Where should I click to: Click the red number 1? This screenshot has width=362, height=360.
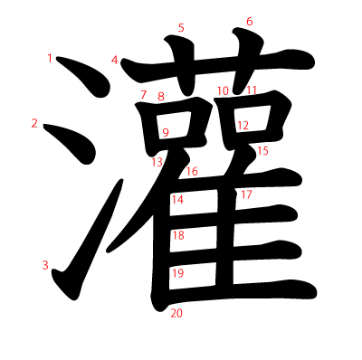[x=50, y=59]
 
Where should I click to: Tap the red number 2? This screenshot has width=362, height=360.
[x=34, y=124]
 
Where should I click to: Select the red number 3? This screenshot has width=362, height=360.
[x=44, y=265]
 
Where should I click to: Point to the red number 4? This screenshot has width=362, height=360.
[x=115, y=61]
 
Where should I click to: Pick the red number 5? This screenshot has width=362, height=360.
[x=181, y=28]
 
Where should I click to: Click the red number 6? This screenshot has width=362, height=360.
[x=250, y=22]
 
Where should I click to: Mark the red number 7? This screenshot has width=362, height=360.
[x=143, y=95]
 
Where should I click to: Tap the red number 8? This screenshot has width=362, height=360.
[x=161, y=97]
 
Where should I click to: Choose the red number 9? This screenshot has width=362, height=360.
[x=166, y=133]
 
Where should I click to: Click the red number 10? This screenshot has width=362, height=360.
[x=223, y=90]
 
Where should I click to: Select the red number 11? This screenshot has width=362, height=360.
[x=252, y=90]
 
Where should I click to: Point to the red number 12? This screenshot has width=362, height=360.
[x=243, y=126]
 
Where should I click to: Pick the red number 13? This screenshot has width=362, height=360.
[x=157, y=162]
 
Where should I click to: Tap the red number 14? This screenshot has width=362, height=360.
[x=177, y=200]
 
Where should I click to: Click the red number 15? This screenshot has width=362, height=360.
[x=262, y=151]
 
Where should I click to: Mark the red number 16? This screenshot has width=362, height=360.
[x=192, y=172]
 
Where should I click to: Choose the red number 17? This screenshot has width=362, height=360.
[x=246, y=194]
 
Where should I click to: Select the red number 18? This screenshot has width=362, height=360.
[x=178, y=236]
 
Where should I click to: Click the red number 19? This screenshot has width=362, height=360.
[x=177, y=273]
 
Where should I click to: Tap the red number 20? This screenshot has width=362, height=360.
[x=176, y=314]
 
